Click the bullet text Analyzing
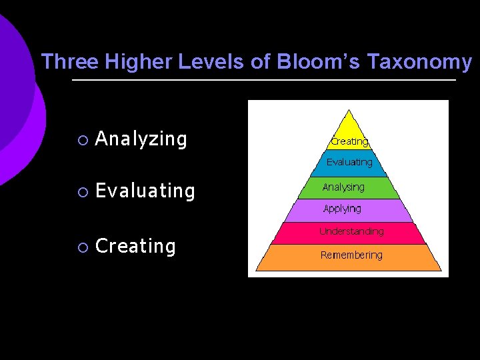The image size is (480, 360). click(141, 139)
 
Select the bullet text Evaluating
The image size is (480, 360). click(145, 191)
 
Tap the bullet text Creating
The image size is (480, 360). click(135, 246)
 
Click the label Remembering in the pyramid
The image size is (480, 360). click(351, 255)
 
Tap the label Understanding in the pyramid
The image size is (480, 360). click(351, 231)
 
